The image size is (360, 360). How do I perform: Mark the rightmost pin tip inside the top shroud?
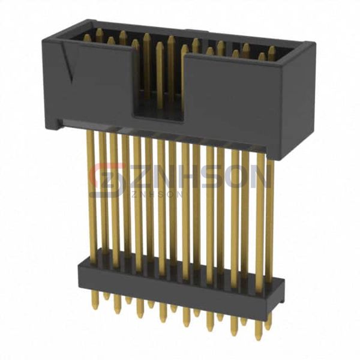pos(272,51)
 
